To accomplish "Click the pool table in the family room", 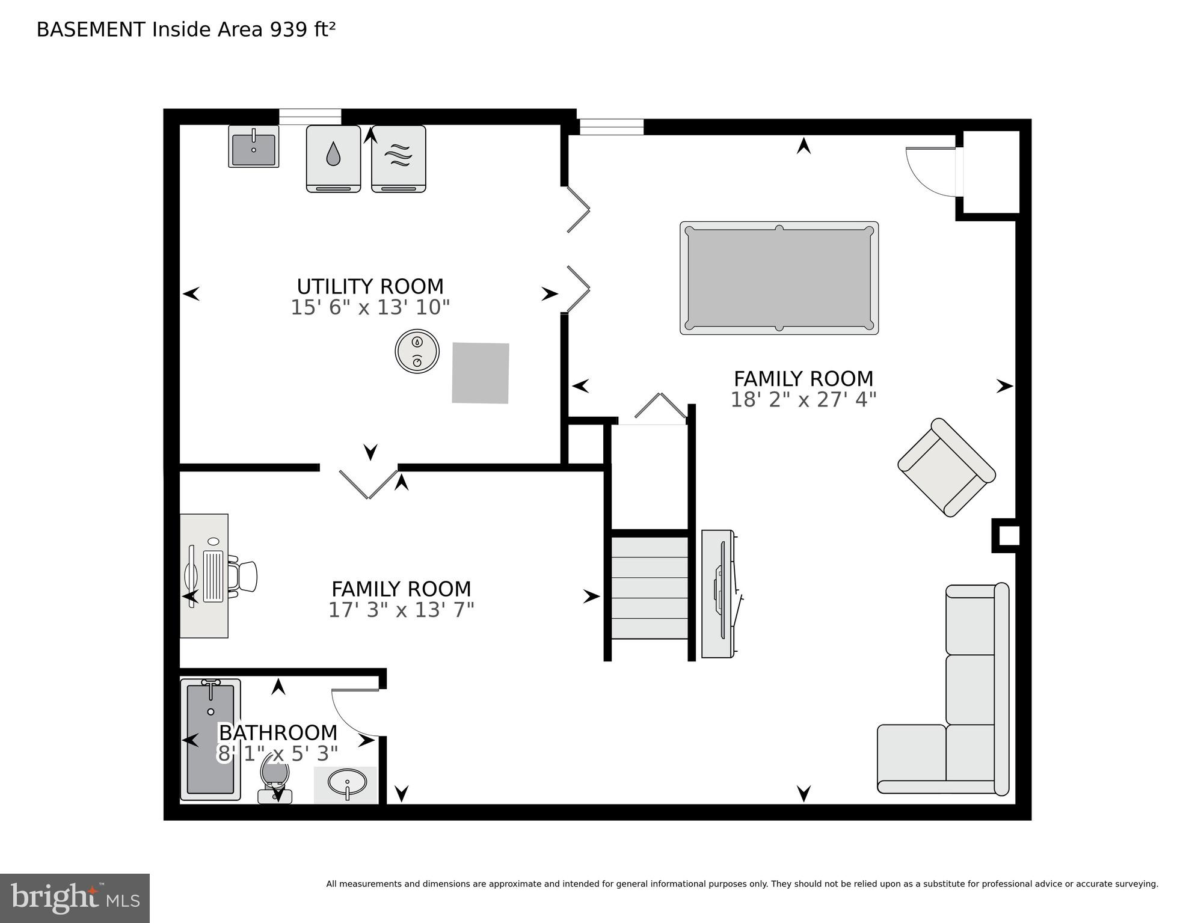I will [779, 278].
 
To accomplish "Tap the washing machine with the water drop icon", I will [333, 158].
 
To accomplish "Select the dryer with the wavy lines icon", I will [398, 158].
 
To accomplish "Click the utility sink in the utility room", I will [253, 147].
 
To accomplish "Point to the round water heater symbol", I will [417, 351].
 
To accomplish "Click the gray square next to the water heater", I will [480, 373].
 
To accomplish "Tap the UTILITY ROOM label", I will [370, 286].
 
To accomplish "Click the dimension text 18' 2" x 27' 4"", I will [803, 400].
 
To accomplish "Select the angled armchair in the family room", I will [945, 467].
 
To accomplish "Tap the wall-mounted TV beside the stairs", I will [719, 593].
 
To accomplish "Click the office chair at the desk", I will [244, 576].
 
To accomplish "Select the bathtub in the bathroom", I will [210, 740].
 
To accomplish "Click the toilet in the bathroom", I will [275, 779].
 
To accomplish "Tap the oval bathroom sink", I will [347, 783].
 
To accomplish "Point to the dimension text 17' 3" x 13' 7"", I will [401, 610].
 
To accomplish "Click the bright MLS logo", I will [75, 898].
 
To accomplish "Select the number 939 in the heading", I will [286, 29].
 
